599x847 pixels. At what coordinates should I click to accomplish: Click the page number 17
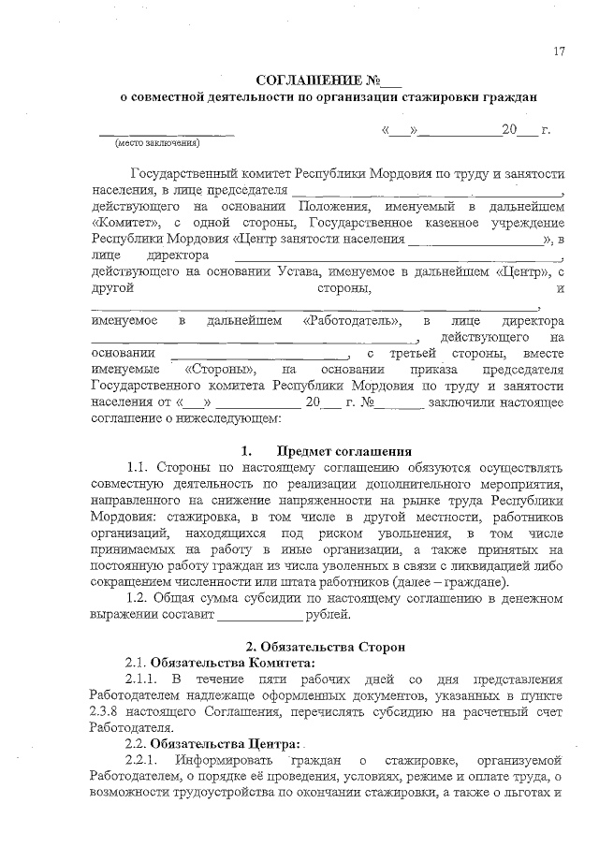coord(558,51)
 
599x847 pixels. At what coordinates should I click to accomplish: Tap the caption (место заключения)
coord(156,144)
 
